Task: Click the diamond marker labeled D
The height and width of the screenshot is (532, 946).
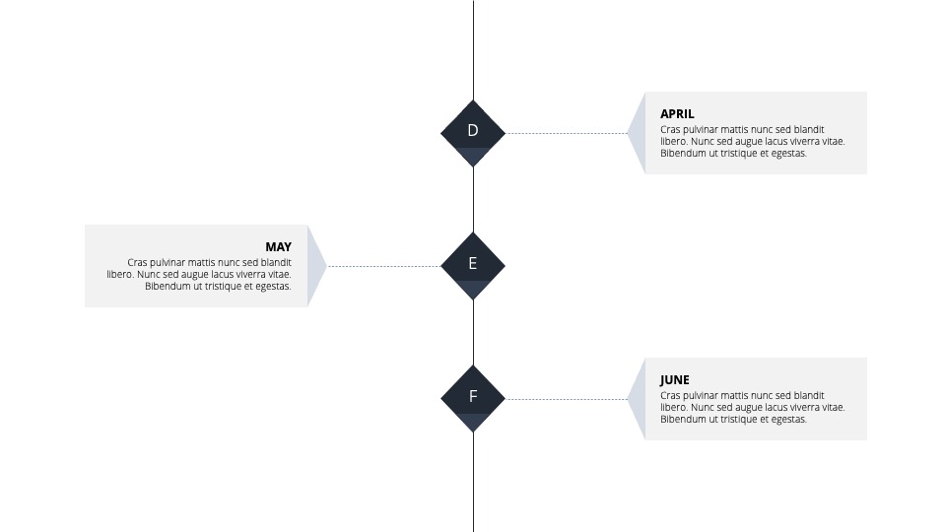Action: click(x=473, y=133)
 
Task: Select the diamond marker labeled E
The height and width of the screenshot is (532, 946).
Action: click(x=473, y=266)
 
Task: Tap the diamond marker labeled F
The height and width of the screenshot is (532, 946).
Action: click(x=473, y=399)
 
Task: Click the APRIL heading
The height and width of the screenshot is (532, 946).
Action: click(x=677, y=114)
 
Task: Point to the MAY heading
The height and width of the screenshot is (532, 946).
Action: click(x=278, y=246)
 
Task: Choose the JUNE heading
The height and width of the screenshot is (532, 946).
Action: click(x=674, y=380)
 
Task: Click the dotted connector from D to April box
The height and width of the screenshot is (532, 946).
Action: click(x=567, y=133)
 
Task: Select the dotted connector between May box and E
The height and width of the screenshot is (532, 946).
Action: click(x=383, y=266)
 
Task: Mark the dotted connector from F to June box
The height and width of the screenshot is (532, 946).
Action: click(x=567, y=399)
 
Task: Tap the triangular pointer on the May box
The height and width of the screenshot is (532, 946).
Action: click(x=315, y=266)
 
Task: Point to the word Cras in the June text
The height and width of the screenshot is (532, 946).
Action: click(x=670, y=395)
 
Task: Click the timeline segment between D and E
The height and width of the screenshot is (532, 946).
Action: click(x=474, y=200)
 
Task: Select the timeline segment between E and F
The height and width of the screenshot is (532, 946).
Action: click(x=474, y=332)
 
